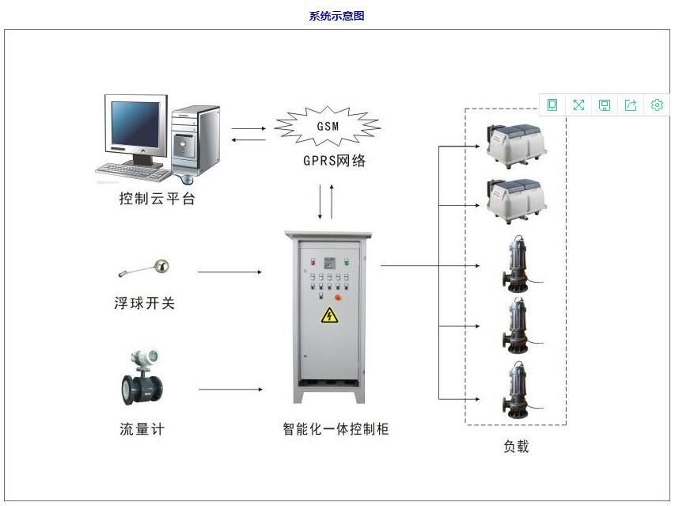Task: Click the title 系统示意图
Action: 336,16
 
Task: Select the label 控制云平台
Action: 157,199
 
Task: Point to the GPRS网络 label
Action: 335,161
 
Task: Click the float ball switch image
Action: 147,268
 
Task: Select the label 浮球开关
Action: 144,302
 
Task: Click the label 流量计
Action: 142,429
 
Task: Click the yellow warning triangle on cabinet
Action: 328,316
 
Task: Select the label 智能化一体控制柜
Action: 336,429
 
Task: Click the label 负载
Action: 516,446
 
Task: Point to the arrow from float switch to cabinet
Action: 229,272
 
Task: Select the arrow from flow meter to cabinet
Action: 230,390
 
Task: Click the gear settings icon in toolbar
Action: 657,105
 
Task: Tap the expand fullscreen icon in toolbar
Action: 578,105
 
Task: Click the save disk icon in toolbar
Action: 605,105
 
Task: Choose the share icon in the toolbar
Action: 631,105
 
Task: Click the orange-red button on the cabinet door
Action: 339,298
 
